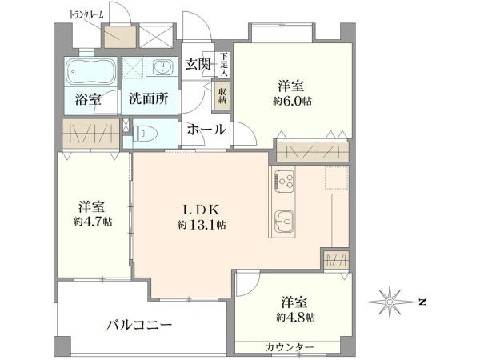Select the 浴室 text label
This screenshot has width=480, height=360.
[87, 100]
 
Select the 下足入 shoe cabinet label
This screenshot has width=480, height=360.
[225, 65]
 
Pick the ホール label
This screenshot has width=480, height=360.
[206, 130]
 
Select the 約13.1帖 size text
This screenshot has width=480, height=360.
[202, 226]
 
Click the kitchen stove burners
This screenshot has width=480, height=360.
[285, 182]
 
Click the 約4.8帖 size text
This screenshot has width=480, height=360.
[297, 317]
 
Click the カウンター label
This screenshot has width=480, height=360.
[290, 346]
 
